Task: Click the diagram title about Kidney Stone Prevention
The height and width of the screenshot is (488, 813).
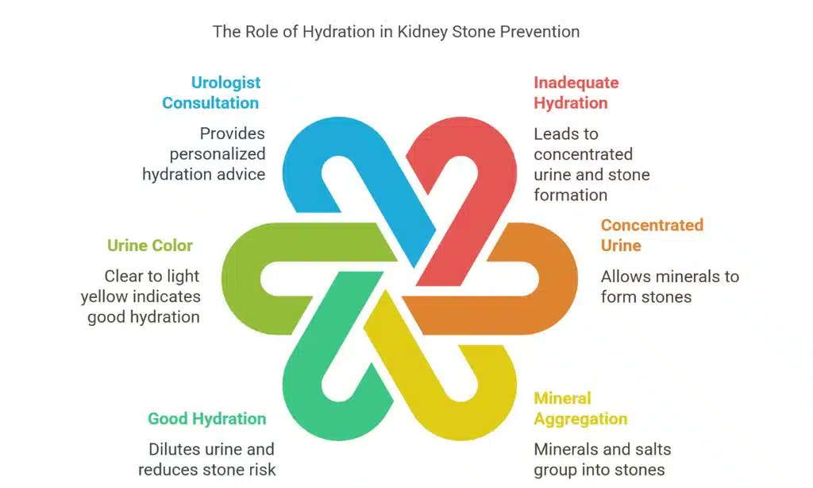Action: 395,33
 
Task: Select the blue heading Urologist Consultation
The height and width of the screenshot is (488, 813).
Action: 211,92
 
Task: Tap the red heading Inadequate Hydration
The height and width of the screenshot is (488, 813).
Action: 576,92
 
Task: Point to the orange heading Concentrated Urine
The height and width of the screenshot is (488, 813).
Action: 651,235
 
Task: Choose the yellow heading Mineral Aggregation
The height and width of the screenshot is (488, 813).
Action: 580,409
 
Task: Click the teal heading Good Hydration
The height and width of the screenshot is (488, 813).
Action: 206,419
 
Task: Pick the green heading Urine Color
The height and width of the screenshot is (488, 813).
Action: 150,246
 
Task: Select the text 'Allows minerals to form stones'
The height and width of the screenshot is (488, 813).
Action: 669,287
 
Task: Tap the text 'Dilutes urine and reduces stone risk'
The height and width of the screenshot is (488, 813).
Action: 212,459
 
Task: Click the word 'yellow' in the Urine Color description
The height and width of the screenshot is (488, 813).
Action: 105,296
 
